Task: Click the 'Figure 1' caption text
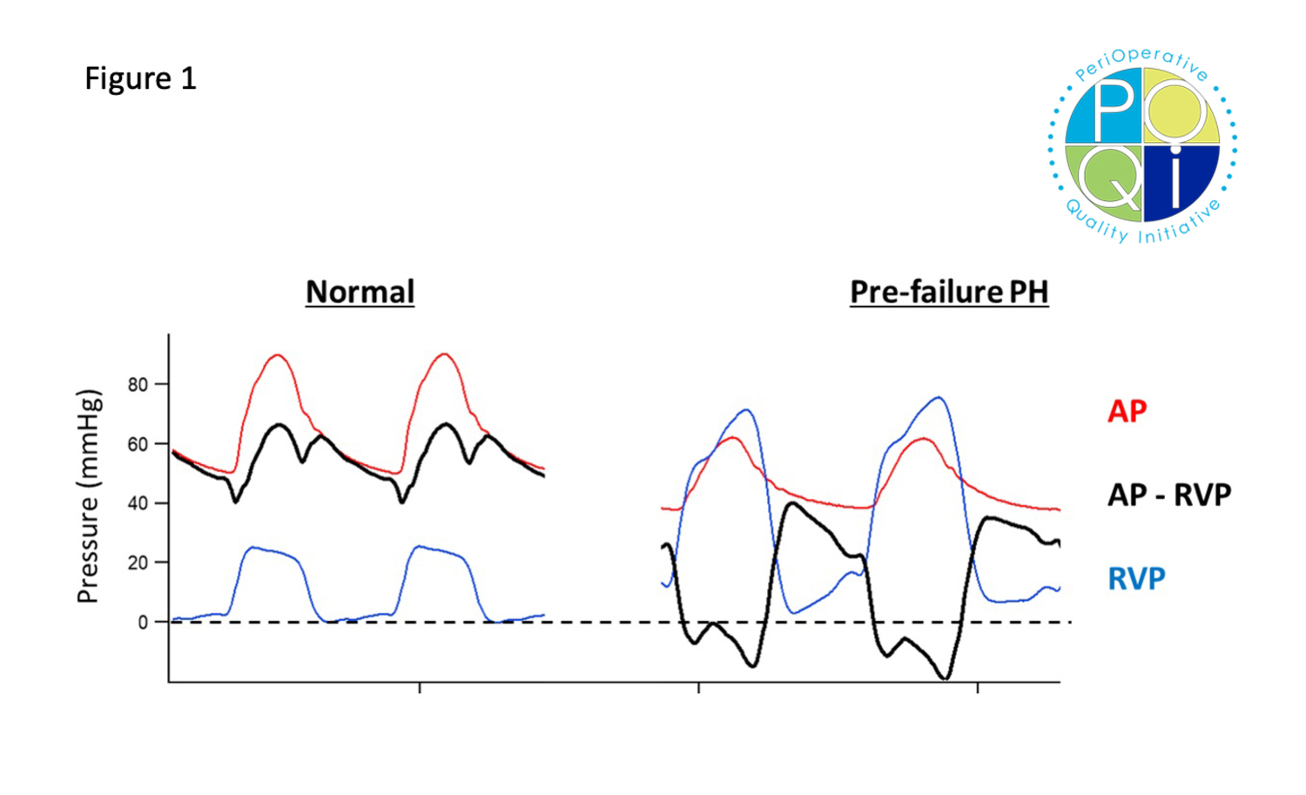(x=140, y=78)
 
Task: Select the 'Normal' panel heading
(x=360, y=292)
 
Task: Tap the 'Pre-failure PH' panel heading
(x=948, y=292)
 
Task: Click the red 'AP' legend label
(x=1127, y=411)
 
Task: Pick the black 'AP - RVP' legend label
(x=1168, y=495)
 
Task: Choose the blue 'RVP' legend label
(x=1136, y=578)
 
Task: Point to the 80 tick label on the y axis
(x=138, y=384)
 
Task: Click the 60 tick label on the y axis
(x=138, y=444)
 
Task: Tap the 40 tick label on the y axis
(x=138, y=503)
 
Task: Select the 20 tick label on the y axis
(x=138, y=563)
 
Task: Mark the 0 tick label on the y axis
(x=144, y=622)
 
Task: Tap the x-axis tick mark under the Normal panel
(x=420, y=688)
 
